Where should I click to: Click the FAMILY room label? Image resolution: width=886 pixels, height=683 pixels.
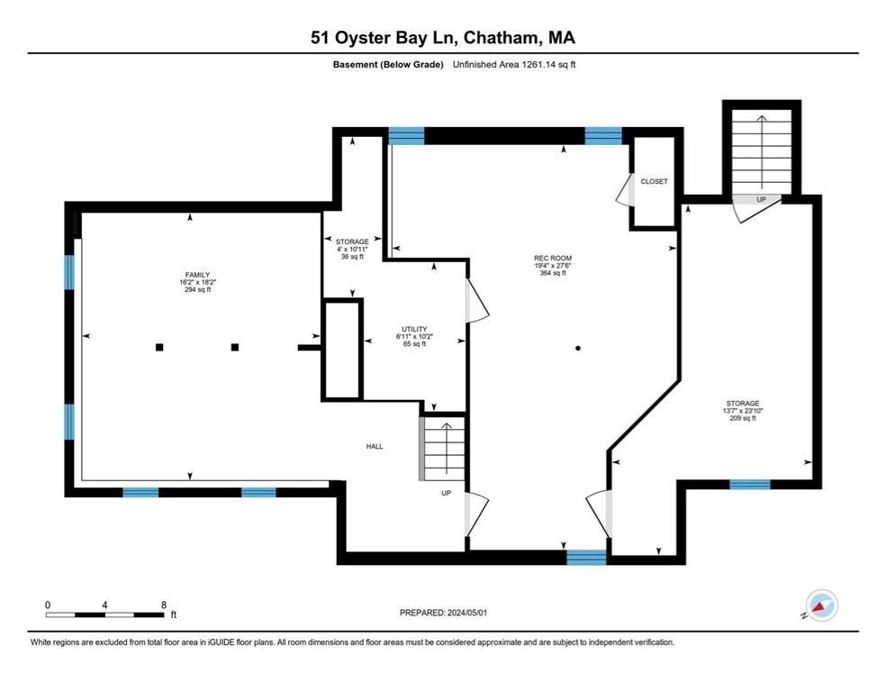click(197, 275)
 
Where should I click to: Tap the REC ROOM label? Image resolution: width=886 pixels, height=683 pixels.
click(553, 259)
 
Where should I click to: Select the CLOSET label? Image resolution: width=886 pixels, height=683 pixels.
click(654, 181)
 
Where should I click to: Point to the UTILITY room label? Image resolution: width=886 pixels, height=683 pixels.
click(414, 329)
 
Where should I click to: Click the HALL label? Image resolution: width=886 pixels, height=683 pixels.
click(375, 446)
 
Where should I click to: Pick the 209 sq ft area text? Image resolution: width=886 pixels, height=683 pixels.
click(743, 418)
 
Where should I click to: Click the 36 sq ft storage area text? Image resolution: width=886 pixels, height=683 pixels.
click(352, 257)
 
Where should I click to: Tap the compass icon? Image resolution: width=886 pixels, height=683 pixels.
click(821, 606)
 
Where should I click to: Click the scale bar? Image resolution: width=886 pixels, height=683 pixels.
click(105, 615)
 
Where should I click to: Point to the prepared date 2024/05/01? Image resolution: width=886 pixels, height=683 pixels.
click(466, 613)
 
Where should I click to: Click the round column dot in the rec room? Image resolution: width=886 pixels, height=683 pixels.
click(577, 349)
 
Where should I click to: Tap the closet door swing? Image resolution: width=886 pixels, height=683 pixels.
click(623, 189)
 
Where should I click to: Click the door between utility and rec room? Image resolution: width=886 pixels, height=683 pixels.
click(475, 301)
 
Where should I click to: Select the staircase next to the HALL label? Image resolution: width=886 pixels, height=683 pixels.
click(442, 449)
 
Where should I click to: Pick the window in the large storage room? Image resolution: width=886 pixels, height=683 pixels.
click(750, 485)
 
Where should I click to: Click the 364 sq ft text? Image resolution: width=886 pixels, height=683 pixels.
click(553, 273)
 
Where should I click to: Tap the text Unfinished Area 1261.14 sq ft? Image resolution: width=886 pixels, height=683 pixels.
click(514, 65)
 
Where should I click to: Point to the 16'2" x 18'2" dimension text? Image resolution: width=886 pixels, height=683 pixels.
click(198, 282)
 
